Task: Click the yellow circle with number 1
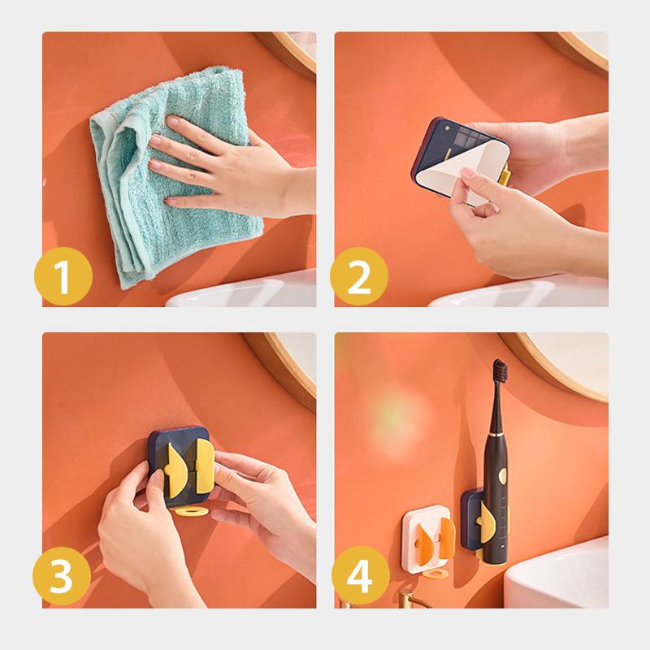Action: pyautogui.click(x=63, y=276)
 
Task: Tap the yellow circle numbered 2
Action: pyautogui.click(x=359, y=276)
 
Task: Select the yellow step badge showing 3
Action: pyautogui.click(x=62, y=576)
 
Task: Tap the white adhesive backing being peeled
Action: pyautogui.click(x=460, y=166)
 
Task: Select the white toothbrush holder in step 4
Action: pyautogui.click(x=427, y=539)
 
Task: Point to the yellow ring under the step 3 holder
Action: pyautogui.click(x=192, y=511)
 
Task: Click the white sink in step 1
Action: pyautogui.click(x=241, y=290)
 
